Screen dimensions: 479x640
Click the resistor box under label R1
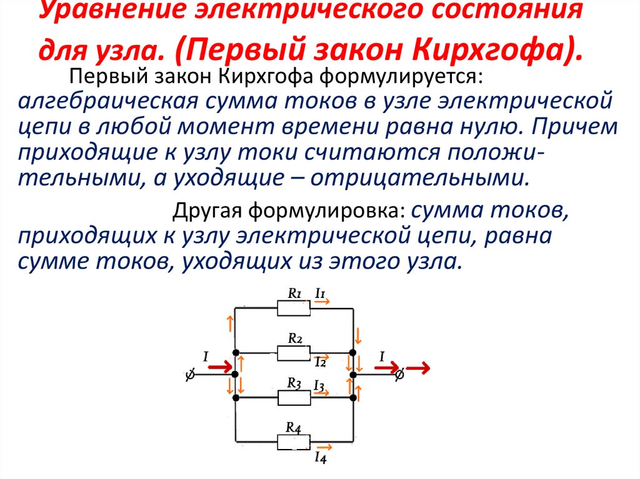coord(294,307)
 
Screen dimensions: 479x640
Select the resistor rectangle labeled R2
coord(294,353)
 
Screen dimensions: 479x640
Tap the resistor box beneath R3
coord(294,398)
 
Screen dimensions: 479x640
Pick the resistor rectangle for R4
coord(294,442)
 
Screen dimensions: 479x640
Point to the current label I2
coord(321,362)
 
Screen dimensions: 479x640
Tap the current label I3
coord(319,385)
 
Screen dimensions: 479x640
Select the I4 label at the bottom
coord(321,458)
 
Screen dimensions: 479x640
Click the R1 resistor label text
coord(294,292)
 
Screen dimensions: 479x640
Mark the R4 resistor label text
coord(294,428)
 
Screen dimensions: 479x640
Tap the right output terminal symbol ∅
coord(398,375)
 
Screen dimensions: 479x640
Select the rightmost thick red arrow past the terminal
coord(417,368)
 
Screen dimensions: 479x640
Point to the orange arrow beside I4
coord(324,447)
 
